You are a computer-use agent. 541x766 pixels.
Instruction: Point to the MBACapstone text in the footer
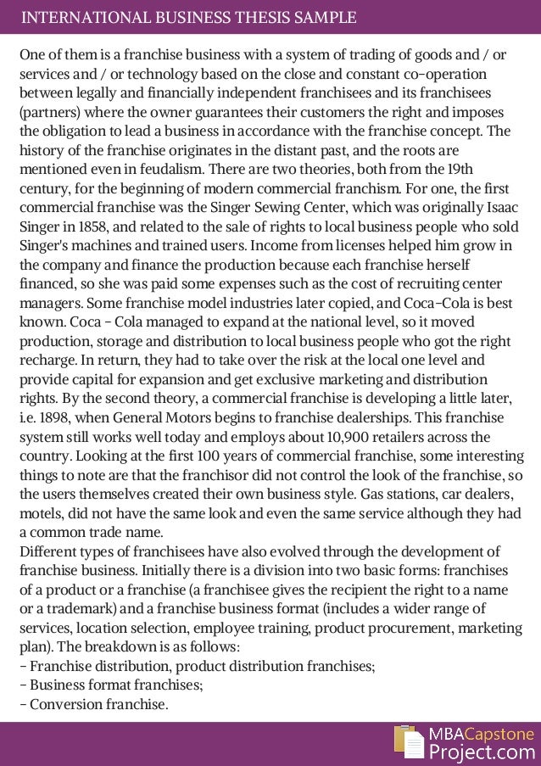(x=481, y=733)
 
